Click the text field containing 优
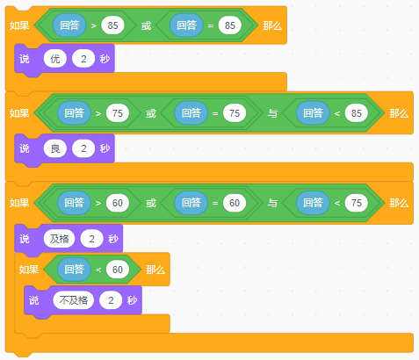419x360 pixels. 55,59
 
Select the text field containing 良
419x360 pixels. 55,148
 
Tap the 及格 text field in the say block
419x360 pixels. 59,239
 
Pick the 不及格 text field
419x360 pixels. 74,300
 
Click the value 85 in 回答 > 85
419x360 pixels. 112,25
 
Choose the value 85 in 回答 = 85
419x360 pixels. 230,25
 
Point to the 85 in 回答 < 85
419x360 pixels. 357,113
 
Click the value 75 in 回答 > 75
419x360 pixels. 118,113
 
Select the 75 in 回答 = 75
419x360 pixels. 235,113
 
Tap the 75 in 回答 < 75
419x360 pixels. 357,203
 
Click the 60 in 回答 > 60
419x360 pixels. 118,203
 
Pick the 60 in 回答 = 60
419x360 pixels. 235,203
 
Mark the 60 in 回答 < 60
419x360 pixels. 118,270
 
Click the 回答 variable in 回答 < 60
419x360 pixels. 74,270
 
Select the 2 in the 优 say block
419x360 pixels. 83,59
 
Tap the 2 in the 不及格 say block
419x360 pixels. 111,300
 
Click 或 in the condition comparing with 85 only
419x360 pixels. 146,25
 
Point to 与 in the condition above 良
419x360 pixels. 272,113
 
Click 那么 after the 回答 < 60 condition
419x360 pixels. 155,270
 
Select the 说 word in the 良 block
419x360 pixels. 25,148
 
